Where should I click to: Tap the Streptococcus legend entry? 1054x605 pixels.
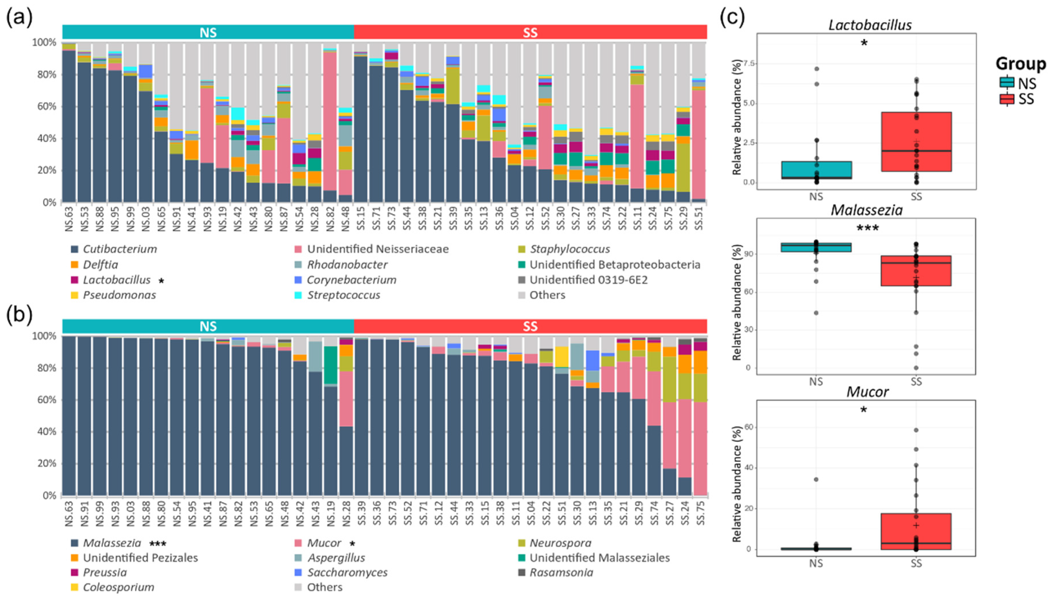(x=343, y=295)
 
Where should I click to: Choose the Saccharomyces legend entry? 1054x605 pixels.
(x=347, y=573)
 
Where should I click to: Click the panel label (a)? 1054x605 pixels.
(x=19, y=19)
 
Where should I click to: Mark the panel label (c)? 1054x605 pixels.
(x=732, y=19)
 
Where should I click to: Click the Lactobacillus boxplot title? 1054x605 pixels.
(x=870, y=25)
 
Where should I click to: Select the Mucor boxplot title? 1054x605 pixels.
(x=867, y=392)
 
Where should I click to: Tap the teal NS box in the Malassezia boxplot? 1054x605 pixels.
(x=816, y=247)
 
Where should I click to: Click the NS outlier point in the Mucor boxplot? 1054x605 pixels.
(x=816, y=480)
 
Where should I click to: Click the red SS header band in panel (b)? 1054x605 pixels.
(x=530, y=326)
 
